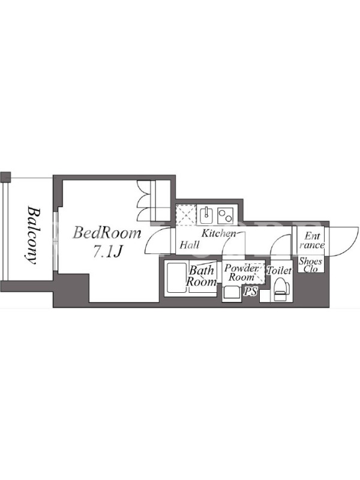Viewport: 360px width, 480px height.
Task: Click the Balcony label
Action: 32,235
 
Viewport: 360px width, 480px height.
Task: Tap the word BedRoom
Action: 107,233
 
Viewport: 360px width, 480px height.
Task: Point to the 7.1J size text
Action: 108,251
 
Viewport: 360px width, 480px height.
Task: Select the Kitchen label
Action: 218,233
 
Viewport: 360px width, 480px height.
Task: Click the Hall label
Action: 190,245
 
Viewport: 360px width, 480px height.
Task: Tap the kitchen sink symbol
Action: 207,215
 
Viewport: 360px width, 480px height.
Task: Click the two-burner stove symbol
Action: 226,215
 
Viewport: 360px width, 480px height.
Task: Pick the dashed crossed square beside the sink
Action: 186,215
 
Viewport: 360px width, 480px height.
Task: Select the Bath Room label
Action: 201,276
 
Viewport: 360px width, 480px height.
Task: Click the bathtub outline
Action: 176,278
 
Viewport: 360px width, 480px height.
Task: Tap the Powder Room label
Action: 242,272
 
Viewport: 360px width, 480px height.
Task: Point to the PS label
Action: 250,292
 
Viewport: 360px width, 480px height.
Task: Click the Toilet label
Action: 279,271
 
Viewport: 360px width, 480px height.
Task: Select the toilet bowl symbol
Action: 281,289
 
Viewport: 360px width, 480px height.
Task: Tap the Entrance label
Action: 312,241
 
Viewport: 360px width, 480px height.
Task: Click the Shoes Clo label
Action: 310,265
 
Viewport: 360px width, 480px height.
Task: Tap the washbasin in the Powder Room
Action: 231,293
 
